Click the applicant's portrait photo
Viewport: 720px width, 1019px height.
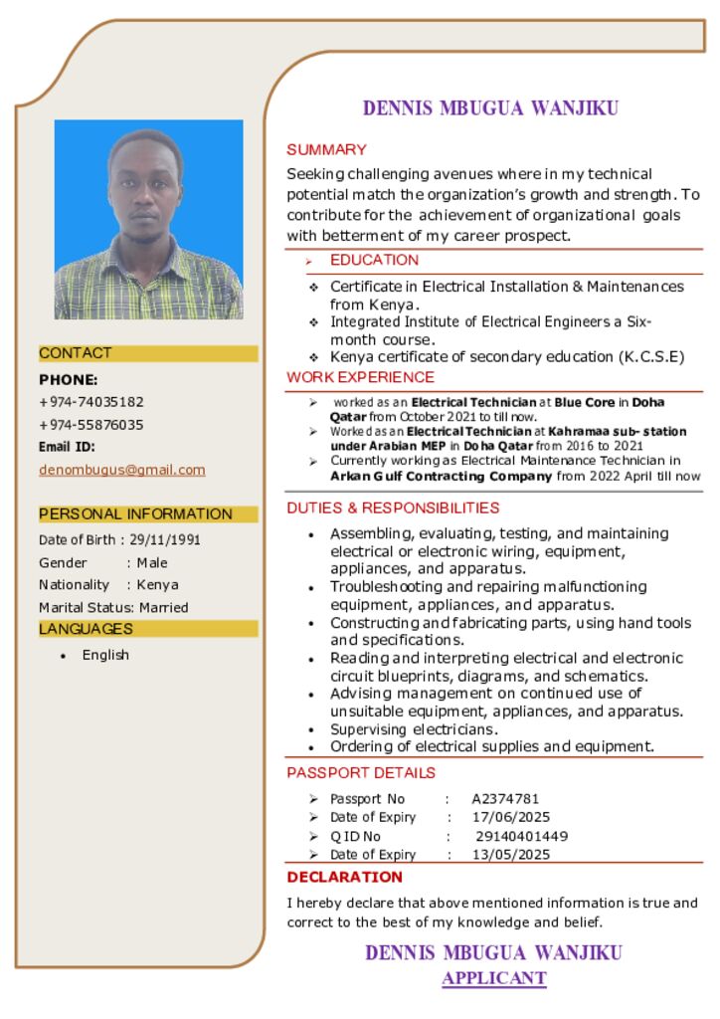148,219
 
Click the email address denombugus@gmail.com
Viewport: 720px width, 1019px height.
121,470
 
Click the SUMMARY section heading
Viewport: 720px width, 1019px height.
326,150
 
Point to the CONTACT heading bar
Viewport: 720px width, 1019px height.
147,353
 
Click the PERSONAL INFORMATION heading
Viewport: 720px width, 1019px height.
135,514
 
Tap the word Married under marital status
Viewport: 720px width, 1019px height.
163,607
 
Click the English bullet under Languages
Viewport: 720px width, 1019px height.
105,655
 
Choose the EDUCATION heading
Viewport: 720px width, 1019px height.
374,261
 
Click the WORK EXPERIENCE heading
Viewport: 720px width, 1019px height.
360,378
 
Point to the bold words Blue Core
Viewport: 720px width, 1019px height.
585,403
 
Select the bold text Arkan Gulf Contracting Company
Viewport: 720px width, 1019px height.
441,477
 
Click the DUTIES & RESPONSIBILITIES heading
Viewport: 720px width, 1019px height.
393,508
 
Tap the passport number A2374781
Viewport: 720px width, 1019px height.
505,799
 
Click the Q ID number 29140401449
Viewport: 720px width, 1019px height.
521,836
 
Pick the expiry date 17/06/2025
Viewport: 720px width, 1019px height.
511,817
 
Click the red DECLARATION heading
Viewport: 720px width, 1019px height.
344,877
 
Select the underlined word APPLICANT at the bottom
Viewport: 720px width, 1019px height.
493,978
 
